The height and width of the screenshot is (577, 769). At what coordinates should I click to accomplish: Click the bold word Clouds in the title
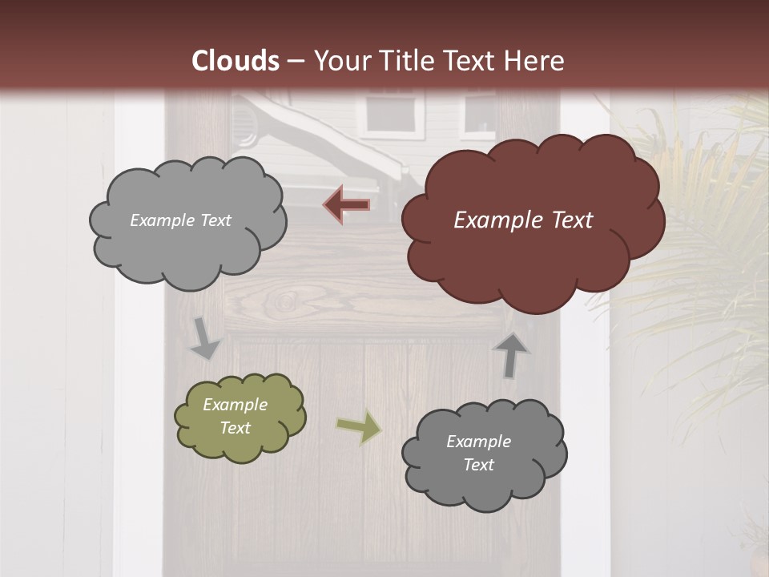(x=236, y=61)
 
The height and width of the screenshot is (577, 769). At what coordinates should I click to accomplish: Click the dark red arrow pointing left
(x=347, y=205)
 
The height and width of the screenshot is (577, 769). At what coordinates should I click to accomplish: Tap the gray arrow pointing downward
(x=205, y=338)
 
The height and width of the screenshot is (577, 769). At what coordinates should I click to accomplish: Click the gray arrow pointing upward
(x=511, y=355)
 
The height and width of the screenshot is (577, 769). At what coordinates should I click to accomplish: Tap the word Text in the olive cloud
(x=236, y=428)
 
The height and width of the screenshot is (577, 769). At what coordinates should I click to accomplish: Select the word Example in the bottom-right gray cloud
(x=478, y=442)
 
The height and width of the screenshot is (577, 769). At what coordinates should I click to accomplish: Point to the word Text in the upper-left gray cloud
(x=214, y=220)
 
